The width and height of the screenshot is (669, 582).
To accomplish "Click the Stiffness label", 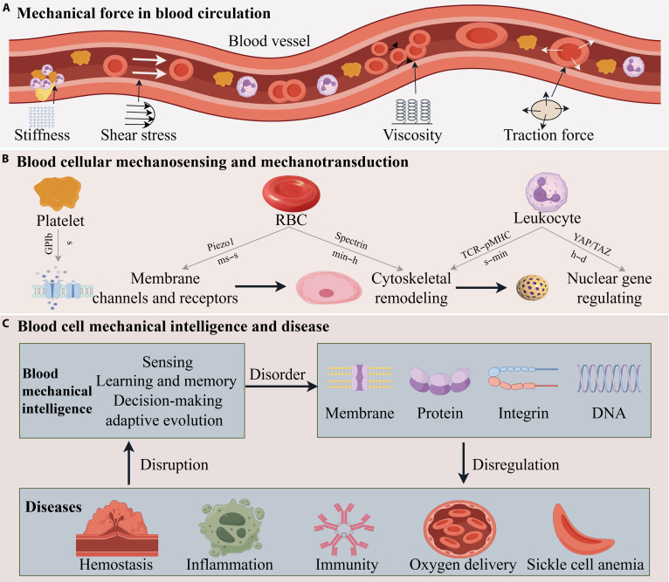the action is [42, 134].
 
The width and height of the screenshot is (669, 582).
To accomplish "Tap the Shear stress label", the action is [138, 134].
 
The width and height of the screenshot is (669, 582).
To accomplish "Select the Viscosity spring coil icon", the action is [412, 112].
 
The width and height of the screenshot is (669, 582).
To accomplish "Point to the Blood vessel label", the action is [269, 41].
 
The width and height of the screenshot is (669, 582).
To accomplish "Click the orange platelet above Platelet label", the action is [58, 194].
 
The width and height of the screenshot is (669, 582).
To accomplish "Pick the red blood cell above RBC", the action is [292, 193].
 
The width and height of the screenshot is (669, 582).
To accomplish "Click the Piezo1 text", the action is [221, 244].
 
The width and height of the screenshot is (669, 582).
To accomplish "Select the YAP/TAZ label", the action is [592, 244].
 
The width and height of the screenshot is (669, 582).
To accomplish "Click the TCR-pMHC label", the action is [486, 244].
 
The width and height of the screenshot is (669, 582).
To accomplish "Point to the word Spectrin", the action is [351, 241].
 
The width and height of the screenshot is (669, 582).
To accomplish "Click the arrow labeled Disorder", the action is [281, 387].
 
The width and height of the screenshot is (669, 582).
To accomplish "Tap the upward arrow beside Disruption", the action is [129, 463].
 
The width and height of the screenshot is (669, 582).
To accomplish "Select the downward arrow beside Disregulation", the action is [464, 463].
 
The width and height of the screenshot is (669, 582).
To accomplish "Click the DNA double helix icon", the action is [609, 378].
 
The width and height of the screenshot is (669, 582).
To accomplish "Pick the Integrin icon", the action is [523, 378].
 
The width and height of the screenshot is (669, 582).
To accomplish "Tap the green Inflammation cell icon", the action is [231, 527].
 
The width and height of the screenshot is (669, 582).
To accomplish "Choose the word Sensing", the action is [168, 362].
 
